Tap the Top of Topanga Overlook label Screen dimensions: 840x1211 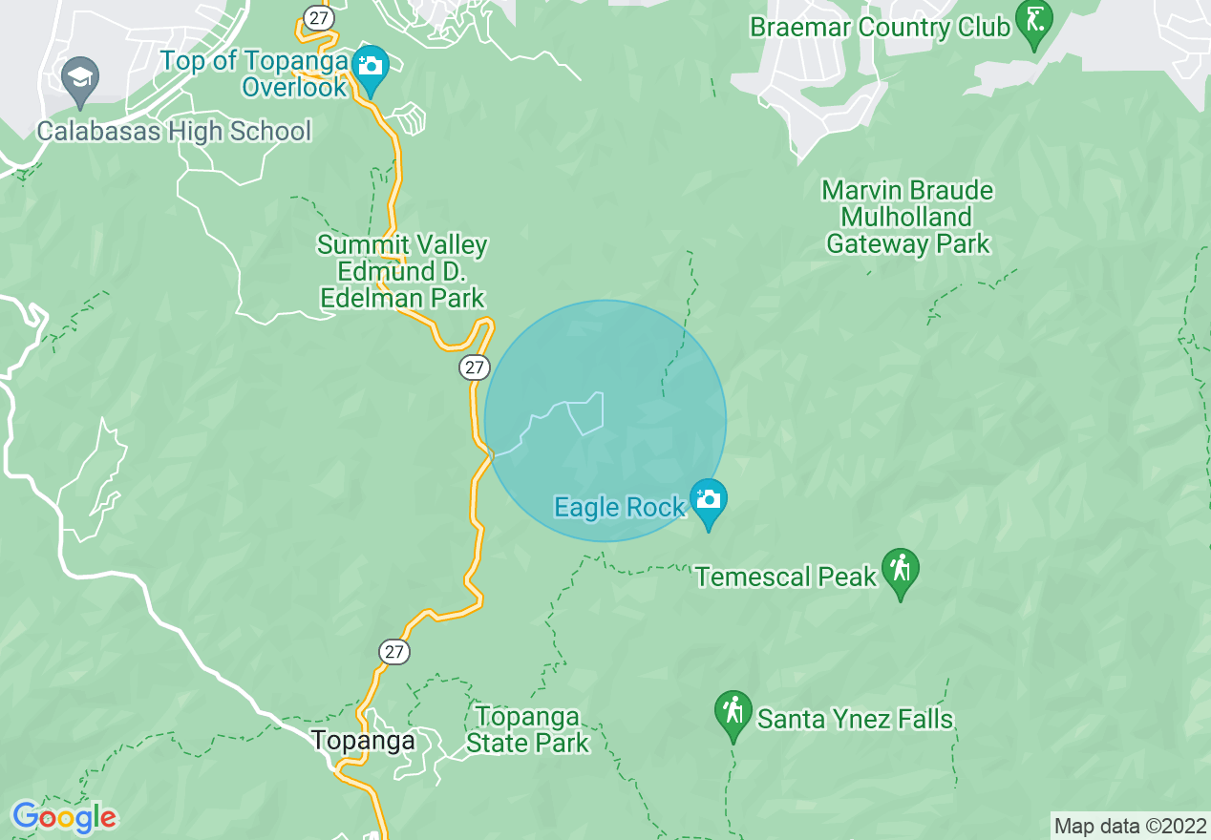pos(254,74)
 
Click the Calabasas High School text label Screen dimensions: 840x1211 pos(174,131)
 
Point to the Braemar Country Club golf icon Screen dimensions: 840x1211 pos(1034,22)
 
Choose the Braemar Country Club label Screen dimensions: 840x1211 pos(880,27)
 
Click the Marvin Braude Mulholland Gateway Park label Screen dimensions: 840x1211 pos(907,218)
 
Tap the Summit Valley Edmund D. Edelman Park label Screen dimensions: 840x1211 pos(402,272)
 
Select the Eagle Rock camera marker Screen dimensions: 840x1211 pos(709,501)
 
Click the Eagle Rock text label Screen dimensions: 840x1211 pos(620,508)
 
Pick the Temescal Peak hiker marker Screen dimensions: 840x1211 pos(901,570)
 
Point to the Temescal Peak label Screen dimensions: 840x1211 pos(786,577)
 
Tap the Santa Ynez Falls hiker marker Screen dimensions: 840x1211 pos(733,713)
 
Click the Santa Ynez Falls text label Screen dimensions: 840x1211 pos(856,719)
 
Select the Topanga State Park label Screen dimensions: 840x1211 pos(528,729)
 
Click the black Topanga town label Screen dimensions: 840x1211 pos(364,741)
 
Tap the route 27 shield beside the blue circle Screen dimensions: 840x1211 pos(474,367)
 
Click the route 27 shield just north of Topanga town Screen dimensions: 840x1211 pos(394,652)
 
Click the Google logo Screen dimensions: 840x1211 pos(64,818)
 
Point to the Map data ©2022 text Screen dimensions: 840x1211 pos(1130,826)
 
